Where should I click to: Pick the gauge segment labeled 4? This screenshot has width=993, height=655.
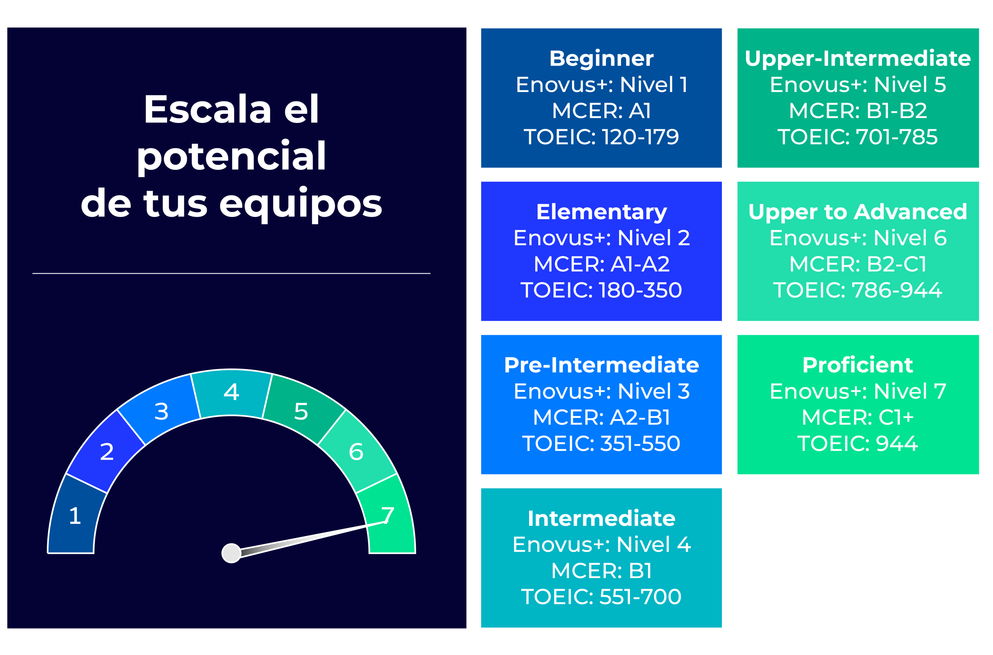tap(231, 393)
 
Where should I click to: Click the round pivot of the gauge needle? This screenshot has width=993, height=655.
tap(231, 553)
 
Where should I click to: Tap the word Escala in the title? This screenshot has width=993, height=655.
tap(208, 109)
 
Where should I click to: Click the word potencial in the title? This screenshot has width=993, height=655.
tap(231, 157)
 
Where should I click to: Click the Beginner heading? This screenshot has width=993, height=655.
tap(601, 59)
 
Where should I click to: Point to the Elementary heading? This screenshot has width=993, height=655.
tap(601, 212)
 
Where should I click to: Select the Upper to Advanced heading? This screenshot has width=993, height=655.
tap(858, 212)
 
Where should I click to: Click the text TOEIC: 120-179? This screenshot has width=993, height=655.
tap(601, 137)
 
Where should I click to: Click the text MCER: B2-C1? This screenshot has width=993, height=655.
tap(858, 264)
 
